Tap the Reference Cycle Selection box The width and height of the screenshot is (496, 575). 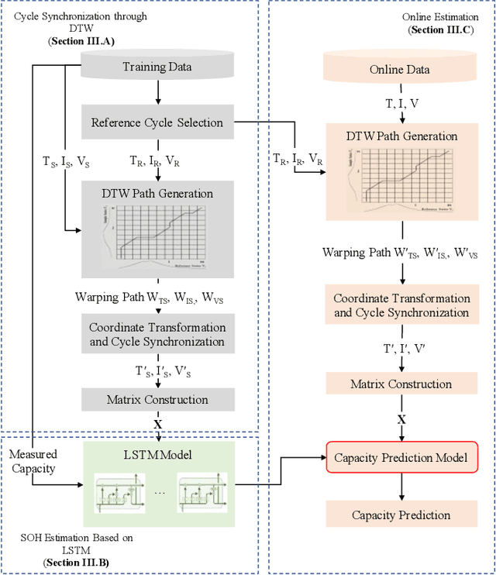coord(157,122)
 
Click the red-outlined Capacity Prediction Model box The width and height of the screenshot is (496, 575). coord(401,458)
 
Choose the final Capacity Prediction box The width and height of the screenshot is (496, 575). coord(401,515)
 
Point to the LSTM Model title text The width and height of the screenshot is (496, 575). coord(157,454)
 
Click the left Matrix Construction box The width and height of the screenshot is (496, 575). coord(157,400)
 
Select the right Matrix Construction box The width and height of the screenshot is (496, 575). coord(401,384)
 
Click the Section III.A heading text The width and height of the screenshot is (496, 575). coord(81,41)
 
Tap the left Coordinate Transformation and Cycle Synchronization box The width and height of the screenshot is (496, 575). coord(157,335)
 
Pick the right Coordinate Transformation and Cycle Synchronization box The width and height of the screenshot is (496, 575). coord(401,305)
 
